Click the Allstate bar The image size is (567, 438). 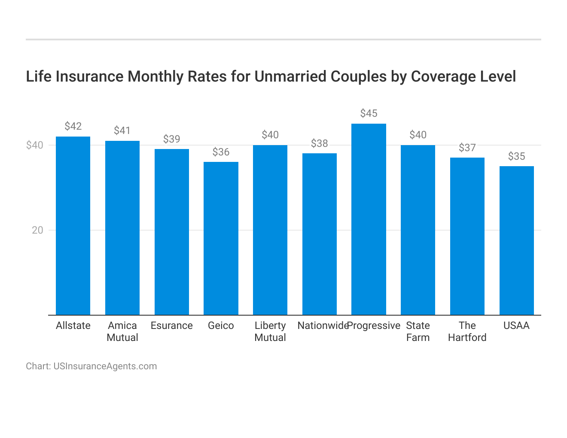click(x=73, y=225)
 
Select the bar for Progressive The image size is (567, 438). click(x=369, y=219)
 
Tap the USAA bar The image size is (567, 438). click(x=516, y=240)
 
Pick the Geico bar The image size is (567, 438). click(x=221, y=238)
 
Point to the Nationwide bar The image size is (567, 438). click(x=319, y=234)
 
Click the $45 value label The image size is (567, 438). click(x=369, y=113)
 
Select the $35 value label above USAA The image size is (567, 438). click(x=516, y=156)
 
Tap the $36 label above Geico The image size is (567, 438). click(x=221, y=152)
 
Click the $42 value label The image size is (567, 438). click(x=73, y=126)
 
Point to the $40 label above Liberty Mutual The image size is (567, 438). click(x=270, y=135)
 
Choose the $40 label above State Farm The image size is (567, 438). click(x=418, y=135)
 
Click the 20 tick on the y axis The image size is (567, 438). click(x=38, y=230)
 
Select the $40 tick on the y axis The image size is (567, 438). click(x=35, y=145)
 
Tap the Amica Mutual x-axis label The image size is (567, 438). click(x=122, y=332)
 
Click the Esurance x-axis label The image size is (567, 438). click(x=171, y=325)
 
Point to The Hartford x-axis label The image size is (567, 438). click(x=467, y=332)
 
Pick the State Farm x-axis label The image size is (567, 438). click(x=418, y=332)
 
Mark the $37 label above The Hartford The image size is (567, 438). click(x=467, y=148)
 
